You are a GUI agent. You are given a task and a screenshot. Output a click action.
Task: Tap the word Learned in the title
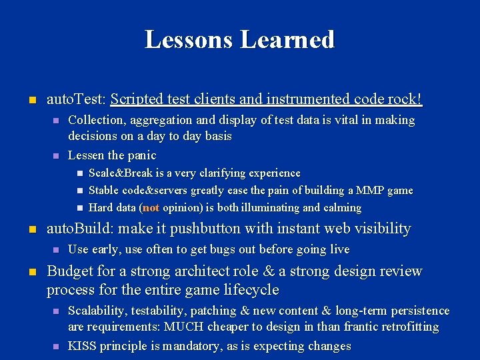(x=287, y=39)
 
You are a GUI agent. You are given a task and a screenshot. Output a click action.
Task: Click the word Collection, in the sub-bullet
(x=97, y=120)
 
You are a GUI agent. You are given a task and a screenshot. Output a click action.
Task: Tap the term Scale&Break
(x=121, y=173)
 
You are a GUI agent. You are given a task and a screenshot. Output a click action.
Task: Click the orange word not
(x=151, y=208)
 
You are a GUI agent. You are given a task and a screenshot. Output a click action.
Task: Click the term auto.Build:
(x=79, y=229)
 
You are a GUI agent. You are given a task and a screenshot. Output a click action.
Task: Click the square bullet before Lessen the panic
(x=57, y=156)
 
